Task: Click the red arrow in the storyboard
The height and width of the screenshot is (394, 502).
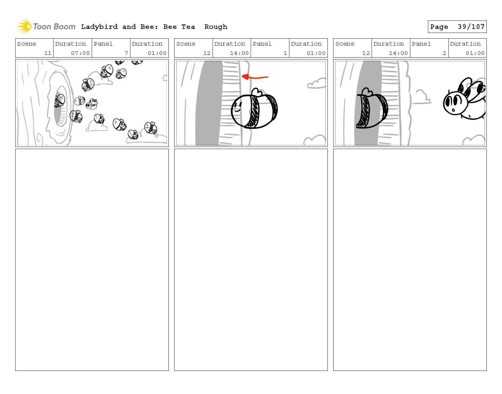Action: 255,77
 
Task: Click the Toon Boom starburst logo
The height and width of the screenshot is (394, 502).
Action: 24,26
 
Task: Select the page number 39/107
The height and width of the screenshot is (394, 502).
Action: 471,27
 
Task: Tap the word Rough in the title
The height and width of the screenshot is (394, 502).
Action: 216,27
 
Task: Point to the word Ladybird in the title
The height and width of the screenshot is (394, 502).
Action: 99,27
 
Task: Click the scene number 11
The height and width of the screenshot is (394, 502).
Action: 48,53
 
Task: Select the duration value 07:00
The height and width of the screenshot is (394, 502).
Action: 80,53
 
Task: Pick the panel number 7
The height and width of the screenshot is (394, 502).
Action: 126,53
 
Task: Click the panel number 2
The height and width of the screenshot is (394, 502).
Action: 444,53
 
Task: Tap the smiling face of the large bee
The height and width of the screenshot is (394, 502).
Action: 238,108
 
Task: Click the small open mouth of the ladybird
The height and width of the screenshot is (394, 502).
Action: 453,110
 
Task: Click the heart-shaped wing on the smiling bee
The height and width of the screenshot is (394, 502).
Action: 257,92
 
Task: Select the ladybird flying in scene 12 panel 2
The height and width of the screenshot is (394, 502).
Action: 464,99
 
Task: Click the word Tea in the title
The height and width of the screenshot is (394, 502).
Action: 188,27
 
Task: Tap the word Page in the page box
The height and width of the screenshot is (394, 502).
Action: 439,27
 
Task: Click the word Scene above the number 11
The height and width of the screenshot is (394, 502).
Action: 27,44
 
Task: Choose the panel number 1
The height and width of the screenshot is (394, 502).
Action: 285,53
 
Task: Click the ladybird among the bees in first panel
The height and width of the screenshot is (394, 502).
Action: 92,104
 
